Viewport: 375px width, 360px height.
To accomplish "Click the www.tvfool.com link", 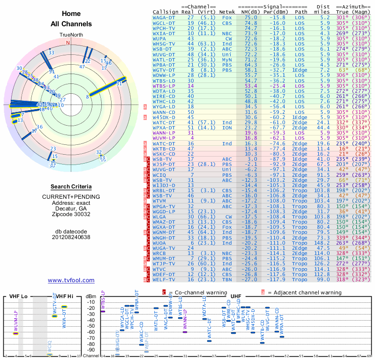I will click(71, 280).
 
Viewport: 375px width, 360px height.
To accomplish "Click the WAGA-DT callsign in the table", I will click(164, 17).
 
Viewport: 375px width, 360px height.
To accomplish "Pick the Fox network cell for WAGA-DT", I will click(227, 17).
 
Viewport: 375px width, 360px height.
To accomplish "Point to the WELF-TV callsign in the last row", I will click(164, 279).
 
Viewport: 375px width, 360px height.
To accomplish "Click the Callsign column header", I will click(166, 12).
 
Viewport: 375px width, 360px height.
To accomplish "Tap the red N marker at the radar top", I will click(68, 43).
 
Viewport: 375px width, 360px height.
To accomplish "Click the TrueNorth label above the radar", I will click(70, 35).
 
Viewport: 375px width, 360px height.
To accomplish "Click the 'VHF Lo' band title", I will click(18, 296).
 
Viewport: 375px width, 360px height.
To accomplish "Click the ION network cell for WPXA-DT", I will click(227, 127).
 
